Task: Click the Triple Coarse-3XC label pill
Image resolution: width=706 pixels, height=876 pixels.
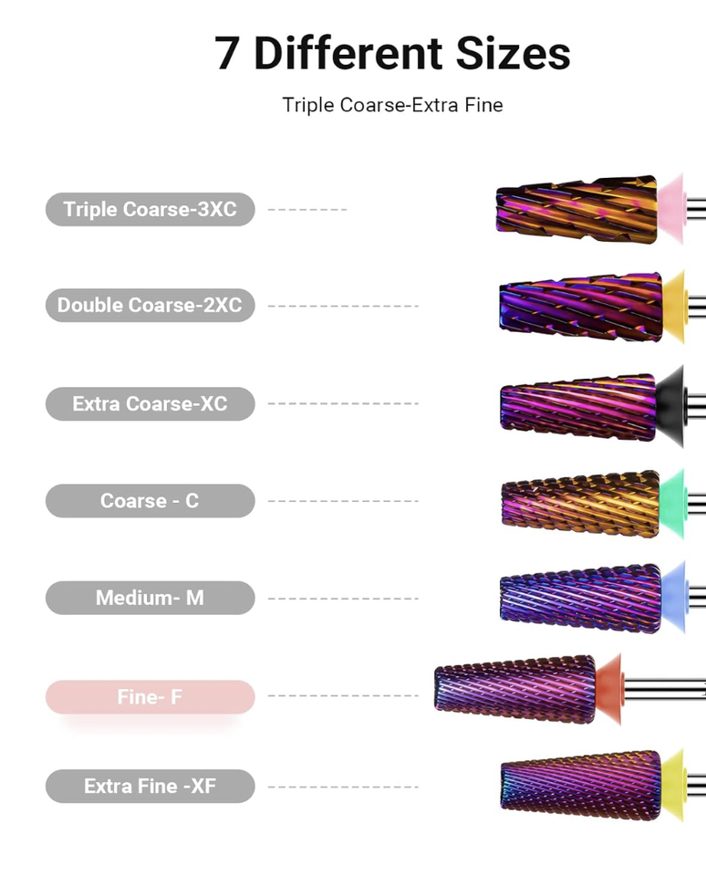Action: point(150,209)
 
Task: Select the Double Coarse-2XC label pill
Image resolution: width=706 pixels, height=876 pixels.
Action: point(150,305)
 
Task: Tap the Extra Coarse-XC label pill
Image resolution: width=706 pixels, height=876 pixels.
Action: point(150,403)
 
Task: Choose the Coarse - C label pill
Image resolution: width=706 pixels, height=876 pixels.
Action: point(150,501)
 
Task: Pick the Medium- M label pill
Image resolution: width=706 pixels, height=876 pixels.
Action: point(150,599)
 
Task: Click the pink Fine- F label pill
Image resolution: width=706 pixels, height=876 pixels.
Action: point(150,697)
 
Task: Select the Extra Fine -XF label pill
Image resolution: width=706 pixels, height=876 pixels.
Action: point(150,786)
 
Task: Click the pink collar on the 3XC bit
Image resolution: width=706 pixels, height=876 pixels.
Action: point(671,209)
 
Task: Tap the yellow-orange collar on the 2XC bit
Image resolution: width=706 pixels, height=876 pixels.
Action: point(673,305)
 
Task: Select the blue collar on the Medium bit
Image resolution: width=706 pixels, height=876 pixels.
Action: point(673,597)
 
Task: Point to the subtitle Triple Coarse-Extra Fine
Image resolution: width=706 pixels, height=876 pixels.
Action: point(392,105)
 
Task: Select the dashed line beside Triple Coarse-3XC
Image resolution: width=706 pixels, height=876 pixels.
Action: point(307,210)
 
